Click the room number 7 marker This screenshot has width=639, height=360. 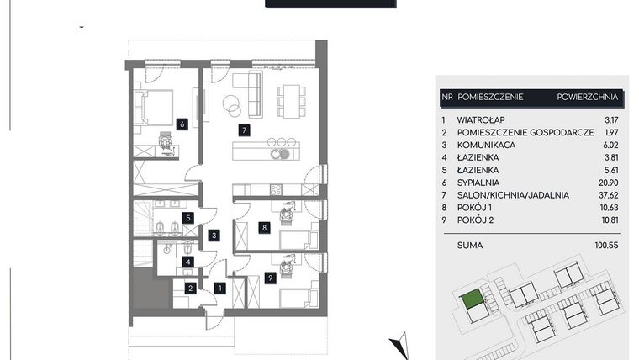(x=243, y=130)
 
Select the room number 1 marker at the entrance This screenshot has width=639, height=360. (x=219, y=288)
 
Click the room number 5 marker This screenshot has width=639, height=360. (x=189, y=219)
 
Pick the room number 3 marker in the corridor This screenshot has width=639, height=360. (x=215, y=236)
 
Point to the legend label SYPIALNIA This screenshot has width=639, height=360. (x=479, y=183)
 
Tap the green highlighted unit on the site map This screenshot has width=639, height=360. (x=473, y=298)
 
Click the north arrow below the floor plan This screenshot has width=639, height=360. (x=401, y=345)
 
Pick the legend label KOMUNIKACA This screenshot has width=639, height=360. (x=487, y=145)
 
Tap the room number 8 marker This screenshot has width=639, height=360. (x=264, y=226)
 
